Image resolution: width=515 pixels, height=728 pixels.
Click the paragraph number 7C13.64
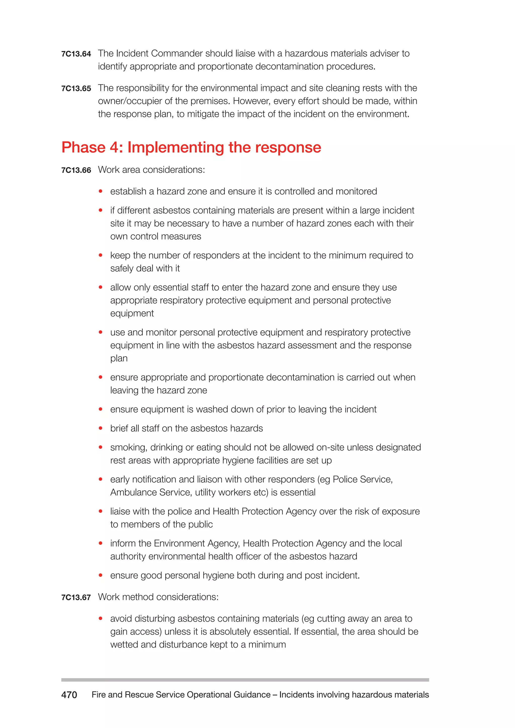76,54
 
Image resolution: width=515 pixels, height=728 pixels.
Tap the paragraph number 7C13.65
76,88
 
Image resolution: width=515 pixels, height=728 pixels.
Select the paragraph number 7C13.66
76,170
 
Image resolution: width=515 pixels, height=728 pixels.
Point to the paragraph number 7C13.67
76,597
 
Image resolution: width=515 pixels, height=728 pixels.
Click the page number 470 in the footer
69,695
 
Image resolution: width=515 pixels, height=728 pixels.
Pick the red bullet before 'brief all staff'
101,428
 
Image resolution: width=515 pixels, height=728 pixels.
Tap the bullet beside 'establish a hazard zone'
101,191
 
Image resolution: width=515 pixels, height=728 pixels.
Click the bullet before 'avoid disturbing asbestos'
101,618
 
